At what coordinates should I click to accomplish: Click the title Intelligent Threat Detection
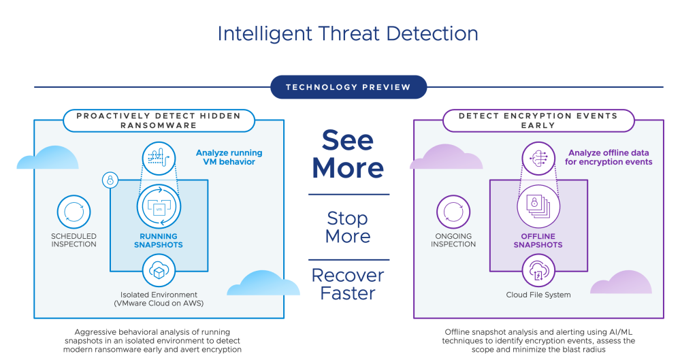click(348, 33)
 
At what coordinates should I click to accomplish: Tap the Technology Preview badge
click(348, 87)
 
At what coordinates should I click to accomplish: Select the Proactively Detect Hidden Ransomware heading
click(159, 120)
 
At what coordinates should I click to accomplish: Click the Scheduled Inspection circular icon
click(74, 213)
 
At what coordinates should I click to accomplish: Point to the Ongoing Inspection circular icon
click(453, 213)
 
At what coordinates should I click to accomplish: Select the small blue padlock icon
click(110, 180)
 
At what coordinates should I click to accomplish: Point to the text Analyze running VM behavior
click(229, 157)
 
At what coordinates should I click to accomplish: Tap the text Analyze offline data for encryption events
click(610, 157)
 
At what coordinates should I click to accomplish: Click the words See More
click(348, 154)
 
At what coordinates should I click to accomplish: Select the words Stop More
click(348, 227)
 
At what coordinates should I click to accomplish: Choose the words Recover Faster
click(348, 284)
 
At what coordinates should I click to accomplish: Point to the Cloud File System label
click(538, 295)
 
